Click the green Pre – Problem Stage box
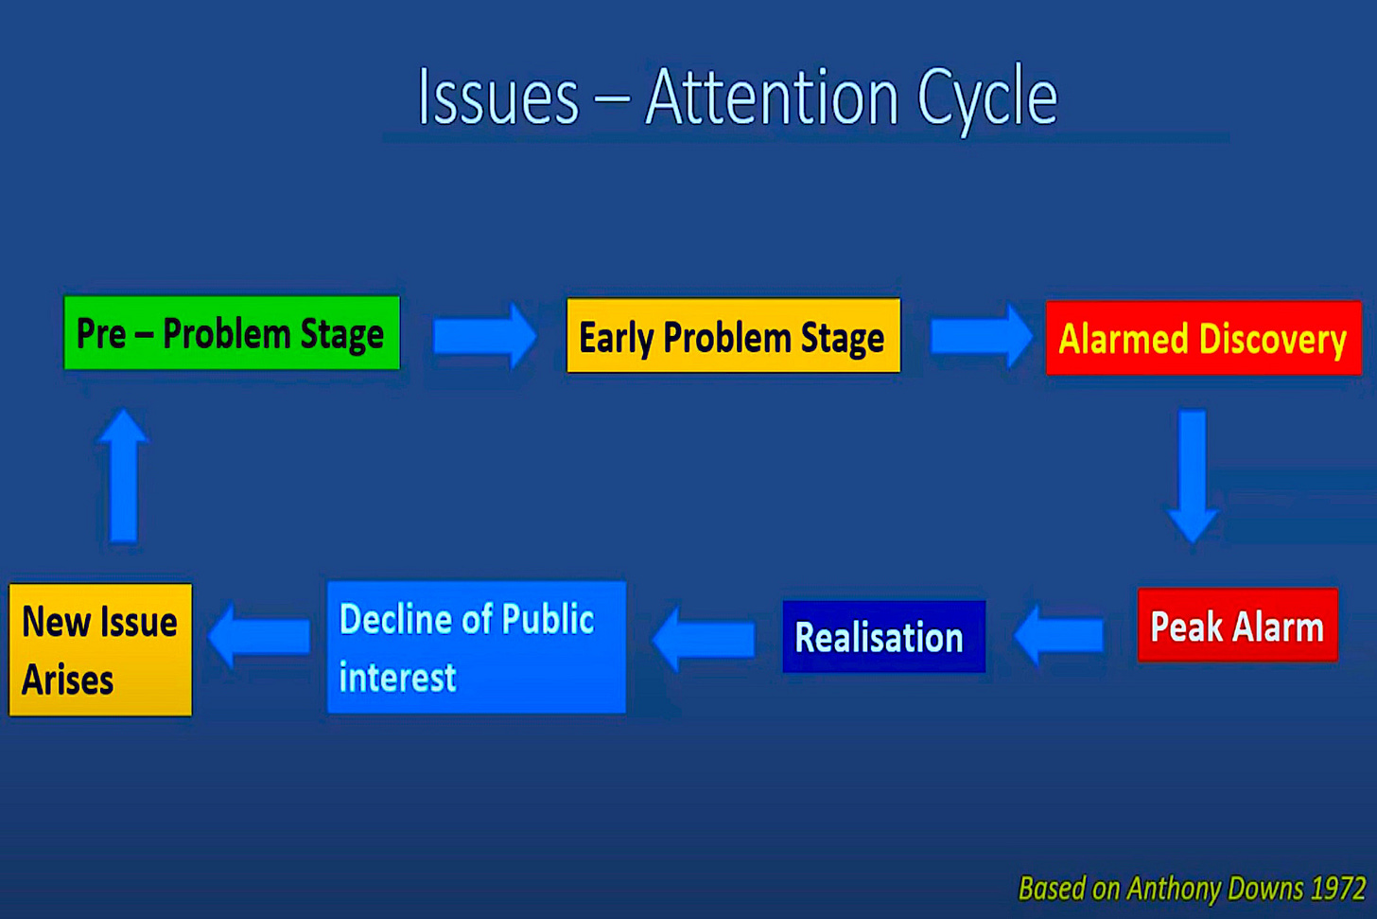tap(232, 333)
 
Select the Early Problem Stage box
tap(733, 335)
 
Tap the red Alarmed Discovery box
tap(1204, 338)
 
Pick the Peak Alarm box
tap(1237, 625)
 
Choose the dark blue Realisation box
tap(884, 636)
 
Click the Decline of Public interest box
tap(477, 647)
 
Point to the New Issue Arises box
tap(100, 649)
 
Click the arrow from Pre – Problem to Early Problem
tap(484, 336)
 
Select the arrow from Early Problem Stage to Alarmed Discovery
tap(981, 336)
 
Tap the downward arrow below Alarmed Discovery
tap(1193, 476)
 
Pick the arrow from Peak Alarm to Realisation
tap(1058, 635)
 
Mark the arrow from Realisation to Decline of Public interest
tap(704, 639)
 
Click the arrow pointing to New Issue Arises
tap(259, 635)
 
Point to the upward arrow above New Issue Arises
tap(123, 475)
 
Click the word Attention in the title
tap(772, 97)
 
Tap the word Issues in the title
tap(497, 97)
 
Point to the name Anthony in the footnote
tap(1176, 889)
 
